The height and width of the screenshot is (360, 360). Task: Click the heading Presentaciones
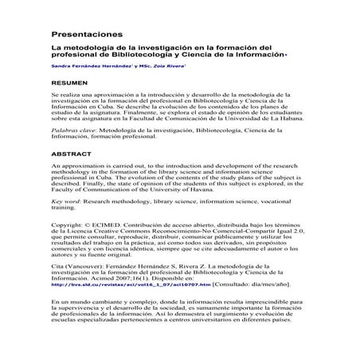[x=87, y=36]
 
